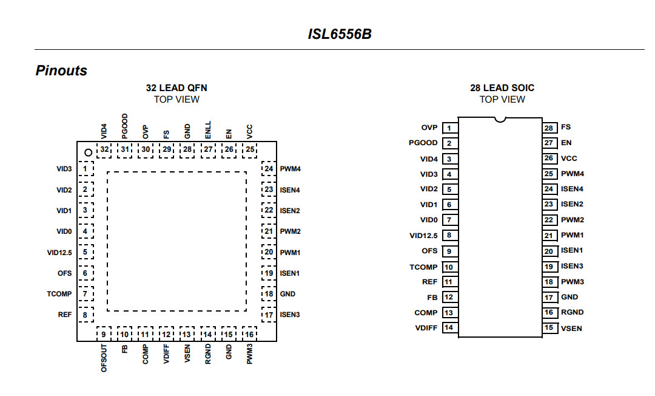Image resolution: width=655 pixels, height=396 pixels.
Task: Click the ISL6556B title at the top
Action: (339, 34)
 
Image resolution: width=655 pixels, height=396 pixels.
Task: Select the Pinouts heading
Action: (61, 70)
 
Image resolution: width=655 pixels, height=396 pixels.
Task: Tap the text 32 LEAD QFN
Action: (176, 88)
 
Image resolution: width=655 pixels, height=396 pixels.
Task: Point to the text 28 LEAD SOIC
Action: (502, 88)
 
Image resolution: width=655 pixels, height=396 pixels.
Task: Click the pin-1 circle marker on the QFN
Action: (87, 152)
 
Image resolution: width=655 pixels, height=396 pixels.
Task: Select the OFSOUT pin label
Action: (104, 358)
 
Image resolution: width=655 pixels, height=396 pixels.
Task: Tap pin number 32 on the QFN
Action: (105, 149)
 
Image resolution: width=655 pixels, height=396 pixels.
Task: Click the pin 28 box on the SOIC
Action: (549, 128)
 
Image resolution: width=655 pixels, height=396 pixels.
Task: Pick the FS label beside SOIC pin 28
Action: (566, 128)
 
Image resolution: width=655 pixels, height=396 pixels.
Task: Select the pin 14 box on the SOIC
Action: (449, 328)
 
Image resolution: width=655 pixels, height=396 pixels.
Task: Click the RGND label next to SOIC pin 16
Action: (571, 313)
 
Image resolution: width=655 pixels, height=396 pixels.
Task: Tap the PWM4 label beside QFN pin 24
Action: (291, 169)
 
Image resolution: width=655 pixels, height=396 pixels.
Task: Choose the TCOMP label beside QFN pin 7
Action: (59, 294)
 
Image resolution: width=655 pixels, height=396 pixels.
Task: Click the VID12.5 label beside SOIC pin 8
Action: (423, 236)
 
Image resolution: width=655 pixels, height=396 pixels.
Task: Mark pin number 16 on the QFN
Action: (249, 334)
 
